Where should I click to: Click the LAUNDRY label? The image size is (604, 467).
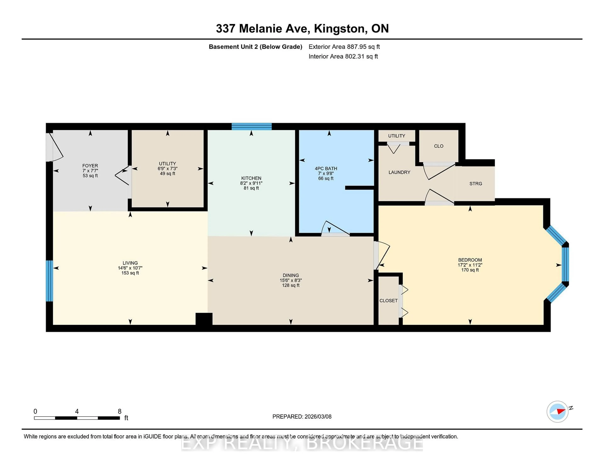(399, 172)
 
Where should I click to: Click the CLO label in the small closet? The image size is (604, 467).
(438, 146)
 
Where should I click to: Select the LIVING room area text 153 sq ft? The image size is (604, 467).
(130, 273)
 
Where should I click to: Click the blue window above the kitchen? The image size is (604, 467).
(251, 127)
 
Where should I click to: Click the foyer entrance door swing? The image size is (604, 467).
(55, 148)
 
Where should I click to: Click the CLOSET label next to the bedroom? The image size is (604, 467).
(388, 301)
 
